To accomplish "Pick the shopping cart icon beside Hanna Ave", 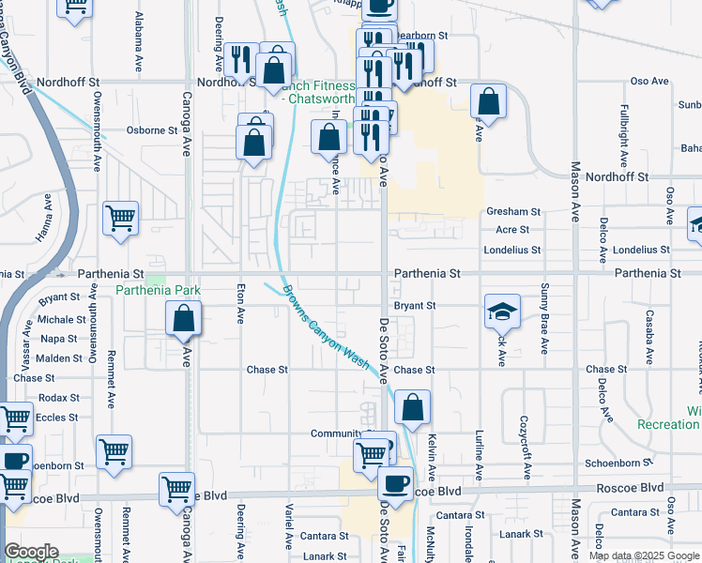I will (x=121, y=219).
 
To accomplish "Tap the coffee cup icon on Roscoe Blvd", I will (x=395, y=483).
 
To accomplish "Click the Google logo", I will (x=32, y=552).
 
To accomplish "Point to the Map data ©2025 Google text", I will (x=645, y=555).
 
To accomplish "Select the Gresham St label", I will (x=512, y=212).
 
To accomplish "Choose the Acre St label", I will (x=512, y=230).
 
